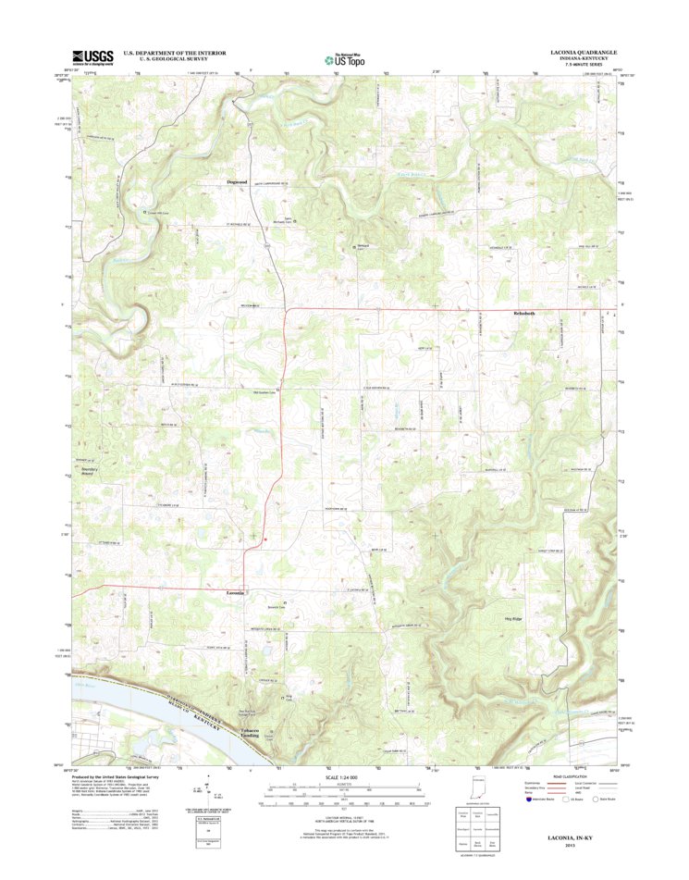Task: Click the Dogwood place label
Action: tap(238, 182)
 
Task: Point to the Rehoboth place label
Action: tap(523, 314)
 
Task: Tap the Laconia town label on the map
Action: tap(236, 592)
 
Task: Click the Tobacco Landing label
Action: tap(243, 733)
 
